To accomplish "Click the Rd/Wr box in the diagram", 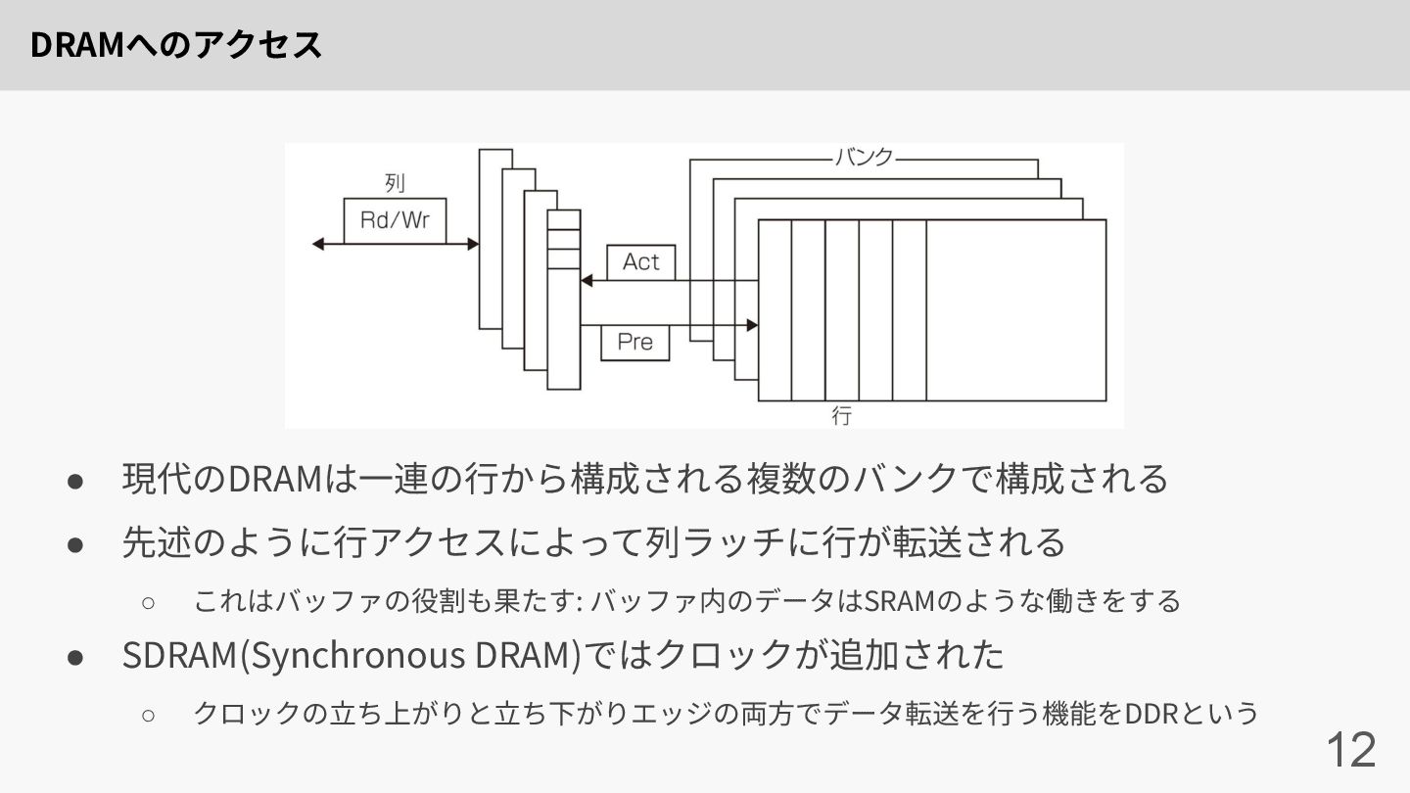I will (395, 221).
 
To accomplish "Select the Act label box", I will (641, 262).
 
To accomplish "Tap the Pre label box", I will (635, 343).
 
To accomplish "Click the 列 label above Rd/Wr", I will (395, 183).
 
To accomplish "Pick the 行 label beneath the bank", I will (842, 416).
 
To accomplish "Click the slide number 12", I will (1350, 750).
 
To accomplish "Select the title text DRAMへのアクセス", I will (176, 45).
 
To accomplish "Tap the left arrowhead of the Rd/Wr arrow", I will (317, 244).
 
